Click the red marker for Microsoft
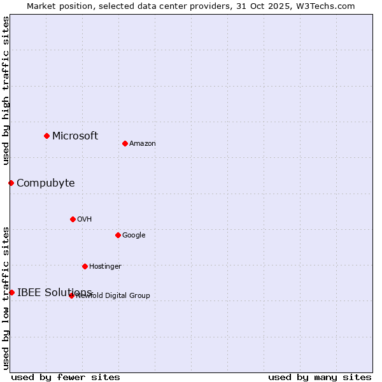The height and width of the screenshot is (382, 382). click(46, 136)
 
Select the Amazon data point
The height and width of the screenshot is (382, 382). click(125, 143)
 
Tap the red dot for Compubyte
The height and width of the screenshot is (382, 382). click(11, 183)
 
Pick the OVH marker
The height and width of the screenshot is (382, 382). click(73, 219)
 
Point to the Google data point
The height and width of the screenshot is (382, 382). click(118, 235)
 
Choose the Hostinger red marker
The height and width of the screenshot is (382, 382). click(85, 266)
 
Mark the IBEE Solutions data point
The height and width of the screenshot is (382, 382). click(11, 292)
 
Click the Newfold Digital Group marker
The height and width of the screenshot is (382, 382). click(71, 295)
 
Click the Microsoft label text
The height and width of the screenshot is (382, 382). click(75, 136)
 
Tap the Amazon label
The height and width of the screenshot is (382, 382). click(143, 143)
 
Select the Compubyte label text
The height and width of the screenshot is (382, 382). click(46, 183)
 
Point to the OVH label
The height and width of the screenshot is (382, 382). click(85, 219)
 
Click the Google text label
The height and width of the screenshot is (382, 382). click(134, 235)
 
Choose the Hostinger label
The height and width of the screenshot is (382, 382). click(105, 266)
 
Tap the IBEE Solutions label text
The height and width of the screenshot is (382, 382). click(55, 293)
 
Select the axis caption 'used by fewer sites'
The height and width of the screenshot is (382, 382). click(66, 377)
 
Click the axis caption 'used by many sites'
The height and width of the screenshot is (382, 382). click(320, 377)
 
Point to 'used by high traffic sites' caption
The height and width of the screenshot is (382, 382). click(6, 90)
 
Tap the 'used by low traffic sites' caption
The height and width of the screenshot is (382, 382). click(6, 297)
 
